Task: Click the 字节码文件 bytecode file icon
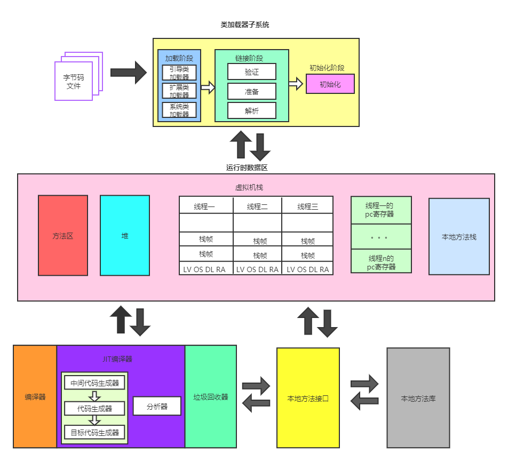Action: pos(74,81)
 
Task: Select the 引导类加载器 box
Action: pos(179,73)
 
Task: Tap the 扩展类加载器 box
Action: pos(179,91)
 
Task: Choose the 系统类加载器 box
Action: pos(179,110)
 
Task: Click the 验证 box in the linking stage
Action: pos(252,71)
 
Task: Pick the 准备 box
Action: pos(252,91)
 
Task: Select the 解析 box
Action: pos(252,110)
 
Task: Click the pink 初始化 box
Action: pos(330,84)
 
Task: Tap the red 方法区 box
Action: pos(63,235)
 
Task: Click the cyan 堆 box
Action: pos(125,235)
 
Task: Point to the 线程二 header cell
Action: pos(257,206)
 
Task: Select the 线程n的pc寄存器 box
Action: pos(381,262)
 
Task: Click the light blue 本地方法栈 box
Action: pos(459,236)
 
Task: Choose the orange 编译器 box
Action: pos(35,396)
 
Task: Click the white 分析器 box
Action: pos(157,406)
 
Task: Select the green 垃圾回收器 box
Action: pos(211,396)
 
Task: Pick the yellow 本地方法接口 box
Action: pos(308,398)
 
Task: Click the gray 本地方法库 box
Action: pos(418,398)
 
